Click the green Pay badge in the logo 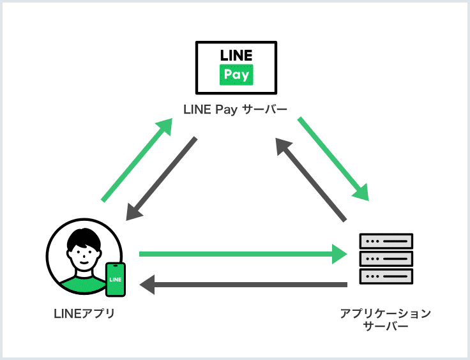(x=236, y=75)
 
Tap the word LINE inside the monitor (x=236, y=55)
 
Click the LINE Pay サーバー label (x=235, y=109)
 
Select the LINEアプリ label (x=84, y=313)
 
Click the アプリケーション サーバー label (x=386, y=319)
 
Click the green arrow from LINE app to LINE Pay (x=137, y=160)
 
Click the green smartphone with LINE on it (x=116, y=280)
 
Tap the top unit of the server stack (x=386, y=241)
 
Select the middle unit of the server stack (x=386, y=259)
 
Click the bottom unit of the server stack (x=386, y=276)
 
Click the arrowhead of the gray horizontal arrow (x=147, y=284)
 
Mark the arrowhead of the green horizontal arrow (x=340, y=254)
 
